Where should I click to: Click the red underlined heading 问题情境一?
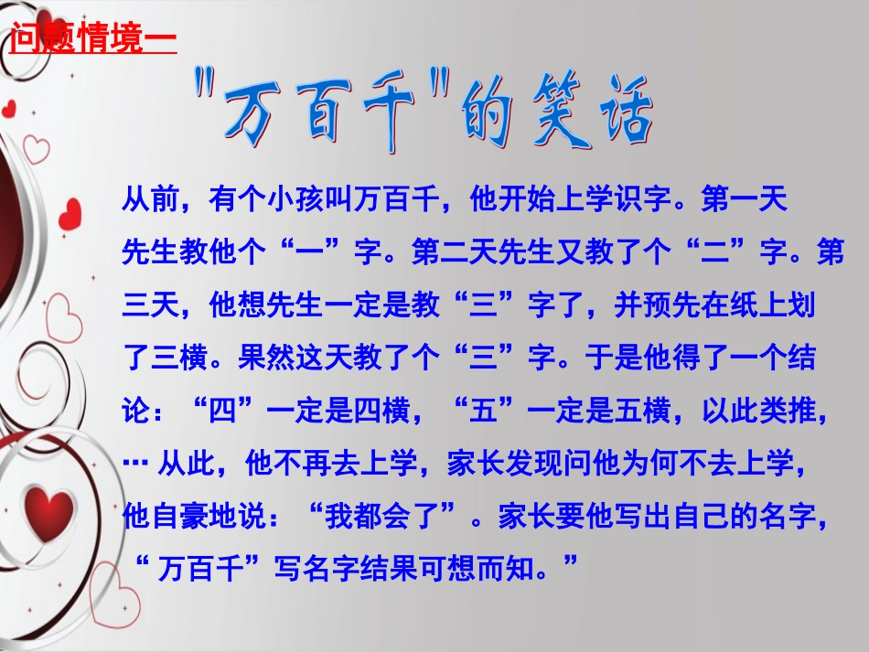pyautogui.click(x=91, y=41)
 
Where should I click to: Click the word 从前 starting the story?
pyautogui.click(x=145, y=199)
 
